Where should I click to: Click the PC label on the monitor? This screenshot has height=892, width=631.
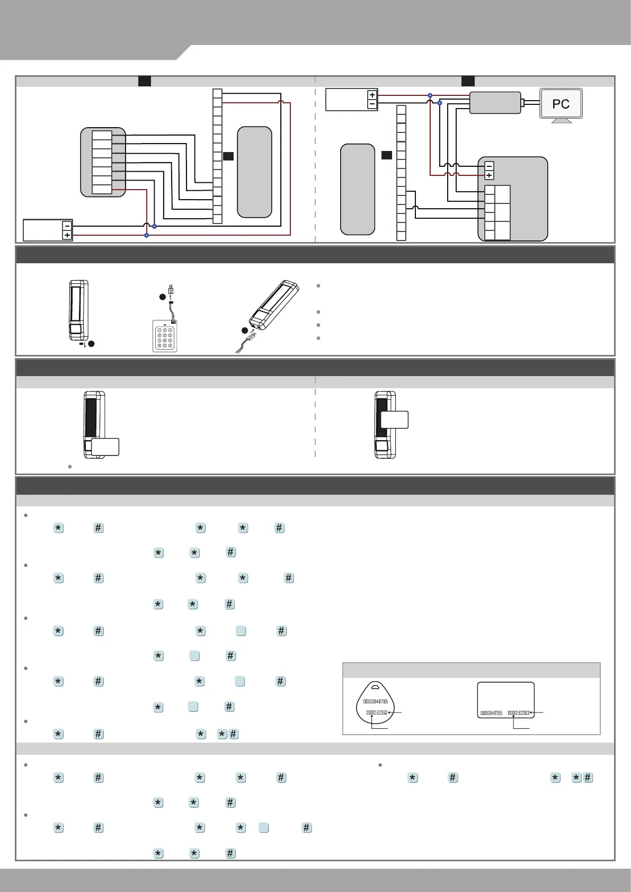561,104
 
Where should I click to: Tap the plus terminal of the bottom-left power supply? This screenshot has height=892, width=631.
67,235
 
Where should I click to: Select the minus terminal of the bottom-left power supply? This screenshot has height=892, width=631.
67,226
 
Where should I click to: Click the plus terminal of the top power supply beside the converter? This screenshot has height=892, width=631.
372,95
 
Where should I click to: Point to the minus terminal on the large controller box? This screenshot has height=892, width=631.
489,166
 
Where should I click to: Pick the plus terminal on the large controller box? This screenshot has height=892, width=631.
489,175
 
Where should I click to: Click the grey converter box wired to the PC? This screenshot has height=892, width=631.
495,103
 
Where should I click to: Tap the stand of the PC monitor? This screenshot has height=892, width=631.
562,121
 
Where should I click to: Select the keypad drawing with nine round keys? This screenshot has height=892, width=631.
165,336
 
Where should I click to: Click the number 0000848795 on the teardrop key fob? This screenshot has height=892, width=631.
376,702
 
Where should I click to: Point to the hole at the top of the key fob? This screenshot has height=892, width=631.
375,688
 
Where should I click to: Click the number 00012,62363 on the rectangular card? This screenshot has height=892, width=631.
518,713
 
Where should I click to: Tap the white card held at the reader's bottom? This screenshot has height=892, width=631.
105,447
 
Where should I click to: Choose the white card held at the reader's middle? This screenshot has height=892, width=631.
395,420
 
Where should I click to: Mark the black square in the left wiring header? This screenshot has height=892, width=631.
144,81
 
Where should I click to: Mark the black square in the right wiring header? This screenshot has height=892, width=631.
468,81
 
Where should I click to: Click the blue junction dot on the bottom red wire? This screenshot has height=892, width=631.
147,235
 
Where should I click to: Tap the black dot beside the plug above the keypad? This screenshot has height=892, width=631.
163,297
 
